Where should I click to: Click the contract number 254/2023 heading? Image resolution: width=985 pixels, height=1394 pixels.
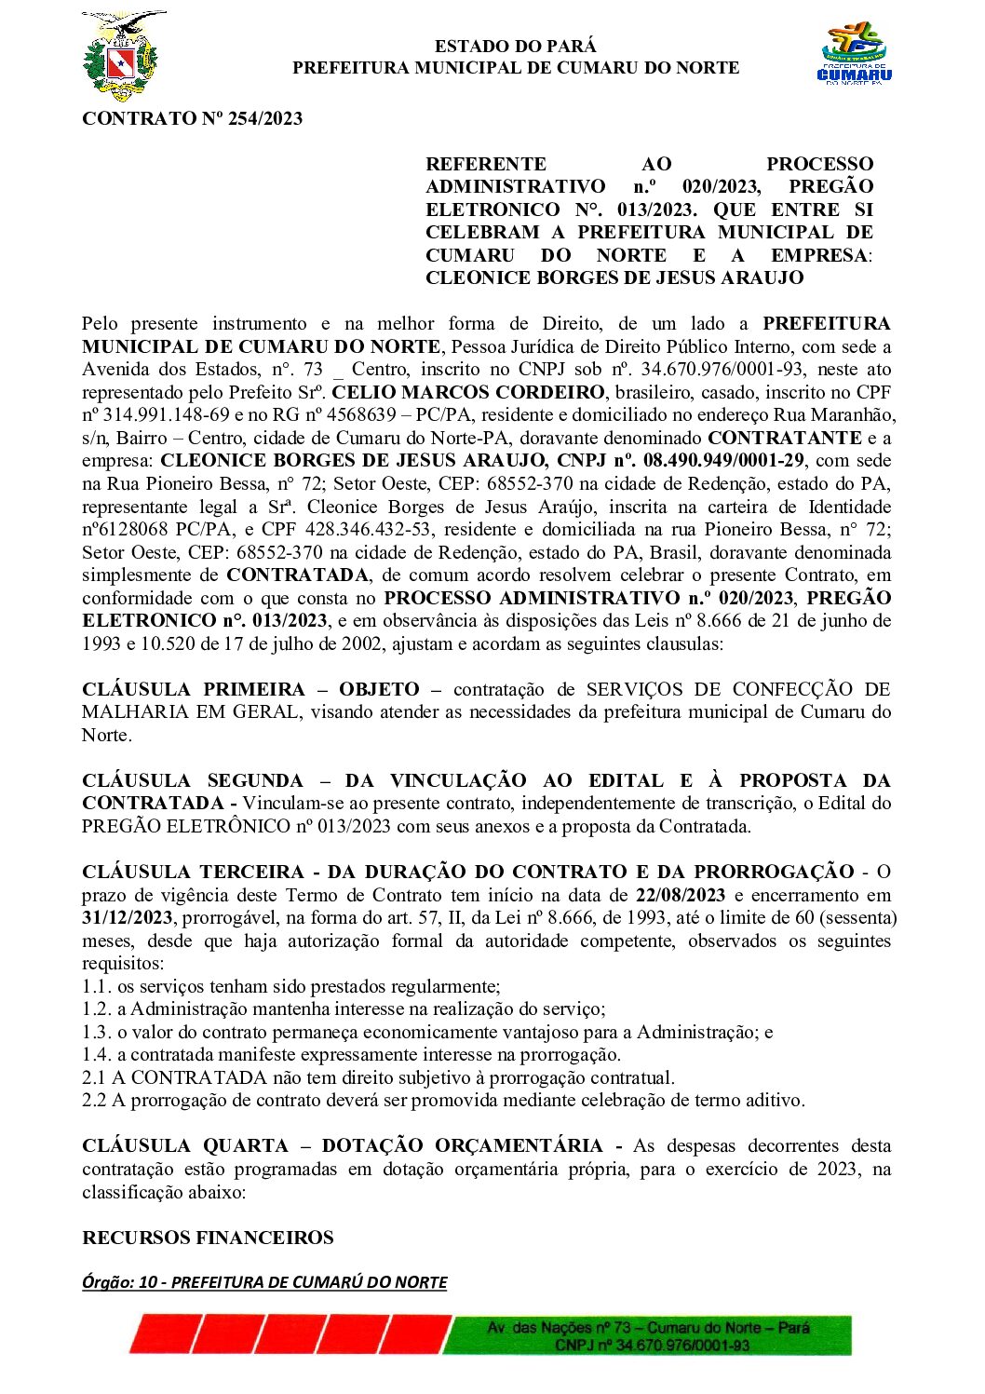click(192, 118)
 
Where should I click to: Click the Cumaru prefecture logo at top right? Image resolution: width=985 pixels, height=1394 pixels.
click(854, 55)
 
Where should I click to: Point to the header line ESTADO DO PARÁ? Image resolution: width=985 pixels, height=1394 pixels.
click(515, 46)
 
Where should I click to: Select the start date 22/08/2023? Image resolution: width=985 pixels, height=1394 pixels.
click(680, 896)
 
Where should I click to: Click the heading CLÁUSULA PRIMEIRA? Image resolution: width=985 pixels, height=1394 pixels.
click(194, 690)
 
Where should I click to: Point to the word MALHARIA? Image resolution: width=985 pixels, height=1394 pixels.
click(126, 712)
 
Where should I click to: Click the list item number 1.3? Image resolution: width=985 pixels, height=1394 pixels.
click(96, 1033)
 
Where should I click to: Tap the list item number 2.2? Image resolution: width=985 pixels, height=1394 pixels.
click(96, 1101)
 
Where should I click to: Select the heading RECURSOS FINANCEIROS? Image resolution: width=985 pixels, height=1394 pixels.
click(208, 1238)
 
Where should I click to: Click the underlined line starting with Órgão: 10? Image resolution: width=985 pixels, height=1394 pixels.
click(264, 1283)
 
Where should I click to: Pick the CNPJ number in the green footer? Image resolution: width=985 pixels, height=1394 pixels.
click(652, 1346)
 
